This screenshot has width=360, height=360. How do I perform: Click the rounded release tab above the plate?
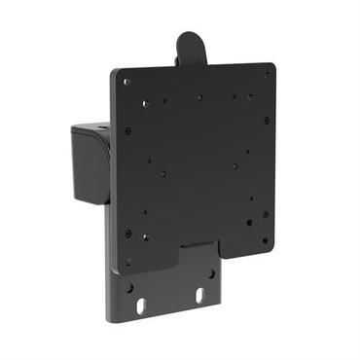[190, 48]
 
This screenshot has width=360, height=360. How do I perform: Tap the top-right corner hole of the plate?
[267, 74]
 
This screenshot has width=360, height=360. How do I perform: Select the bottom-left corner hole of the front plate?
[126, 261]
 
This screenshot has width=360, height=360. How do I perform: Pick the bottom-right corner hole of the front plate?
[265, 238]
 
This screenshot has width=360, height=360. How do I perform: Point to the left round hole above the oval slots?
[129, 287]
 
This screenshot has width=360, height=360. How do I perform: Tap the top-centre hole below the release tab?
[199, 97]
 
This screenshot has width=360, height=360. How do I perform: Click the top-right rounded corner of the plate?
[272, 66]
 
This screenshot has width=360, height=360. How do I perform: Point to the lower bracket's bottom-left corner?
[109, 319]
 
